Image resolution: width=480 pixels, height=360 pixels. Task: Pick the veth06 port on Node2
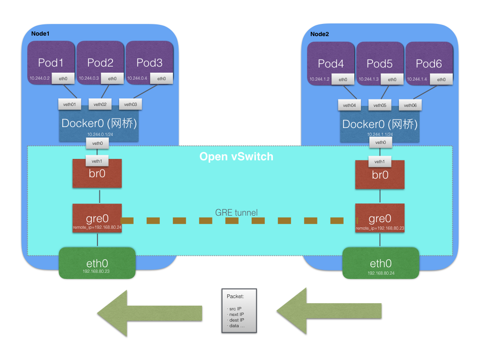(x=410, y=105)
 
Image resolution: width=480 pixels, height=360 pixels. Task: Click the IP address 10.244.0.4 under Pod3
(x=136, y=79)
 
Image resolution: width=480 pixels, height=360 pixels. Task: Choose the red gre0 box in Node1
(x=97, y=219)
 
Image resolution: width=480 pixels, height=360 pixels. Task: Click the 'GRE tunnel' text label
(x=236, y=212)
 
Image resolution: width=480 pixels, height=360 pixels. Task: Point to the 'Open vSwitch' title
(x=236, y=157)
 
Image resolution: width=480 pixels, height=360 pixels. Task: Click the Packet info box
(x=240, y=310)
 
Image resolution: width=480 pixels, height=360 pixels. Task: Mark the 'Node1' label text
(x=40, y=34)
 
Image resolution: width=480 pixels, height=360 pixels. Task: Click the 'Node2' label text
(x=320, y=34)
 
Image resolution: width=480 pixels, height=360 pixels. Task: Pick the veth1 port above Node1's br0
(x=97, y=161)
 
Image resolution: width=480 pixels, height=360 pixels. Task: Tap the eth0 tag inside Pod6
(x=441, y=80)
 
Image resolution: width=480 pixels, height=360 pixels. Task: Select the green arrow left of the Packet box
(x=150, y=313)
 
